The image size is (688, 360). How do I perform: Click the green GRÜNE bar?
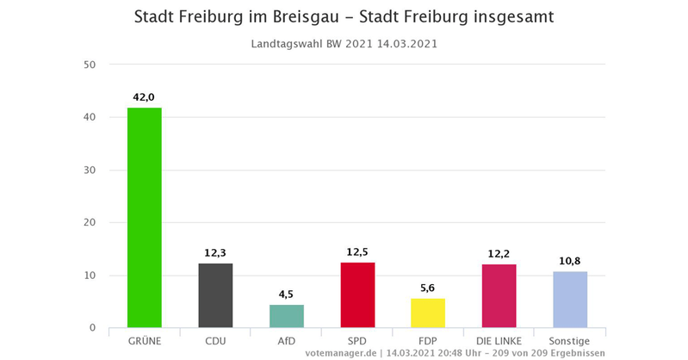click(x=144, y=218)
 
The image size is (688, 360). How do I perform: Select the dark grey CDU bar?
click(x=215, y=295)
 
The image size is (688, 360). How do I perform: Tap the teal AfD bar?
click(x=286, y=316)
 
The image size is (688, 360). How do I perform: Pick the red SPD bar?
click(x=357, y=295)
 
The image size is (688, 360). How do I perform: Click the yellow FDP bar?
click(x=428, y=313)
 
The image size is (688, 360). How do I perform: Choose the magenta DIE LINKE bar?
click(x=499, y=295)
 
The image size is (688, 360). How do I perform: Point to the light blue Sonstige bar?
click(x=570, y=300)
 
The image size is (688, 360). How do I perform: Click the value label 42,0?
click(x=144, y=97)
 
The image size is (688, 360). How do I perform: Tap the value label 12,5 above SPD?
click(x=357, y=252)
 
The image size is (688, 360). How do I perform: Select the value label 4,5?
click(x=286, y=295)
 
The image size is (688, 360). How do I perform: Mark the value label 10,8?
click(x=570, y=261)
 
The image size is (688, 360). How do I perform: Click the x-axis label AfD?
click(x=286, y=341)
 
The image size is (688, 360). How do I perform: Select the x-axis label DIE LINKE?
click(x=499, y=341)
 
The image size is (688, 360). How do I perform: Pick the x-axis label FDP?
click(x=428, y=341)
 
